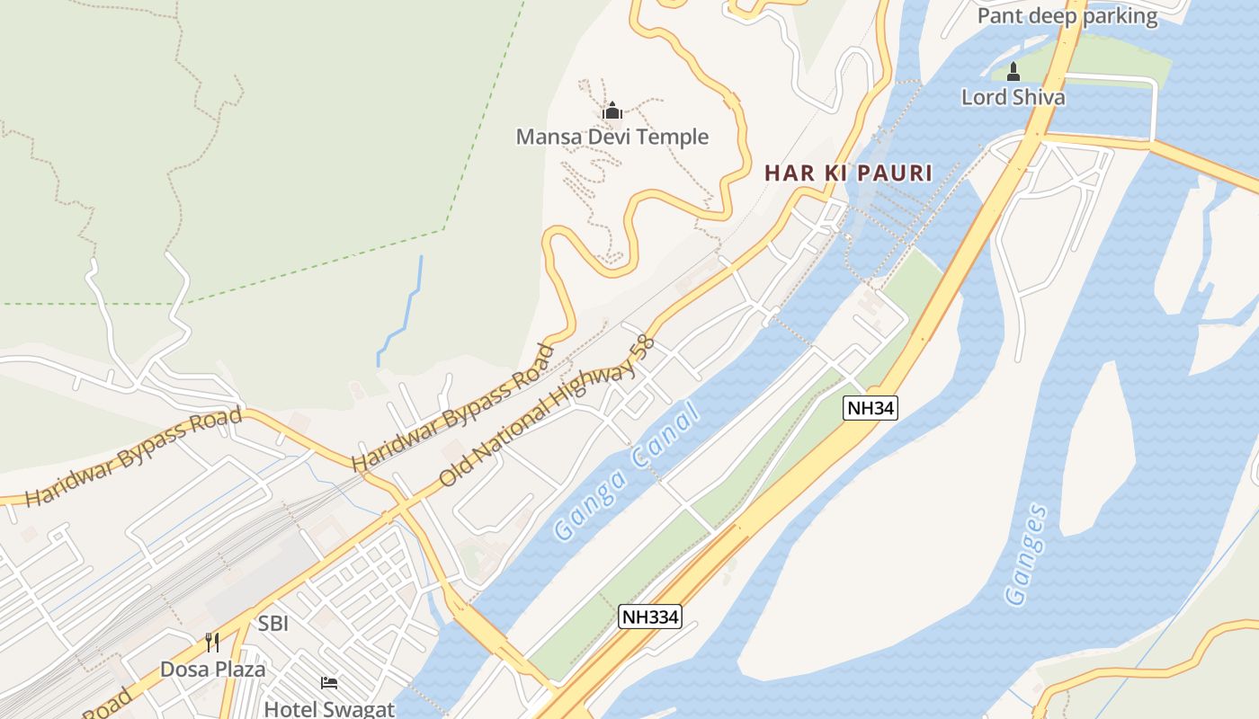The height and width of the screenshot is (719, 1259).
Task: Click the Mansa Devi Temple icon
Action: tap(612, 111)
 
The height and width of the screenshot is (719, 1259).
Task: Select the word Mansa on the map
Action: tap(543, 138)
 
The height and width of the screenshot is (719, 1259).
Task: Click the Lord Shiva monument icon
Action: tap(1013, 72)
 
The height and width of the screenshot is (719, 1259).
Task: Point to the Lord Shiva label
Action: tap(1013, 97)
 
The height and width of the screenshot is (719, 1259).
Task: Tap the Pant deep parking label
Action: tap(1067, 16)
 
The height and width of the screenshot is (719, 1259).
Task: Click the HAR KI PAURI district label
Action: tap(848, 173)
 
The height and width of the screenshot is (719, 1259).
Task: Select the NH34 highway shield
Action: tap(871, 408)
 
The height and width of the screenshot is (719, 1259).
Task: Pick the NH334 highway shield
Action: tap(650, 617)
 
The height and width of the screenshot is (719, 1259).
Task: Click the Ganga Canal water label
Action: tap(626, 472)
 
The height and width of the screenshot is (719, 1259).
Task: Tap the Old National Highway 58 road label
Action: tap(545, 412)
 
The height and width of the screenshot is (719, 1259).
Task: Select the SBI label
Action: tap(272, 624)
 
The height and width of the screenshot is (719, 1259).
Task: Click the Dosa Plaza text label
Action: tap(213, 670)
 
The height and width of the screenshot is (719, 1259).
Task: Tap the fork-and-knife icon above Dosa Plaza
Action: tap(212, 643)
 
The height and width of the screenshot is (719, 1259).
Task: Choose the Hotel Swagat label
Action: tap(329, 709)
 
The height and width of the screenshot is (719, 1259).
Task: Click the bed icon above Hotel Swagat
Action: tap(329, 684)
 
